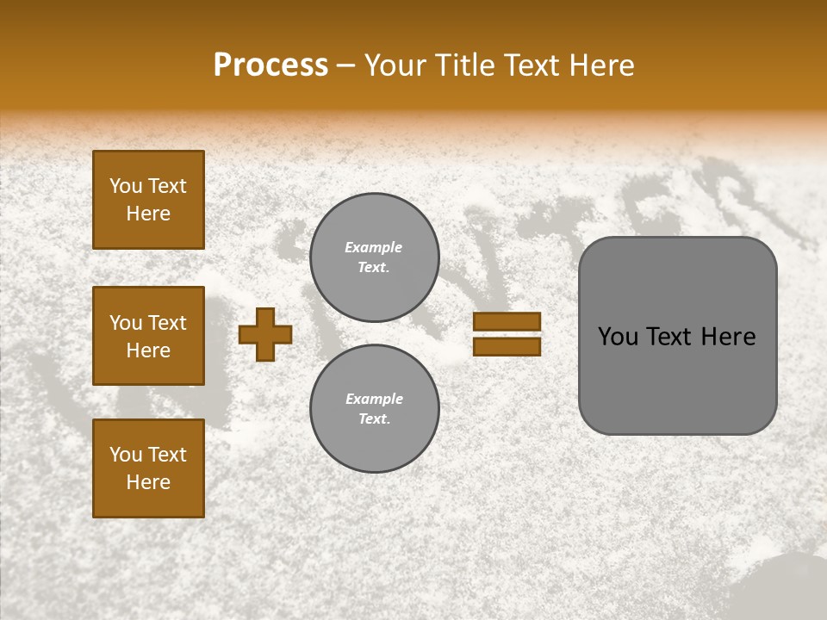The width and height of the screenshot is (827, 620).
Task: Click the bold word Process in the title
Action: [270, 65]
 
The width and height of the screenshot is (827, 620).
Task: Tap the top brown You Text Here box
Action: [148, 200]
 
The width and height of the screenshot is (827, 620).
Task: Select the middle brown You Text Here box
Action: [148, 336]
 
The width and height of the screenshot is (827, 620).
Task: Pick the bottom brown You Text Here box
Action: [148, 468]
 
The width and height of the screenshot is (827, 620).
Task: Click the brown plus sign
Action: [265, 334]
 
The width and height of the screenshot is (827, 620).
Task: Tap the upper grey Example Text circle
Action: [374, 257]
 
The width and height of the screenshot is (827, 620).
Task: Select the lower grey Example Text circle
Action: [374, 408]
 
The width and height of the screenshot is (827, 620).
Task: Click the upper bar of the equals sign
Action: [507, 322]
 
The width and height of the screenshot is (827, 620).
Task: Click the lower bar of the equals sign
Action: [507, 346]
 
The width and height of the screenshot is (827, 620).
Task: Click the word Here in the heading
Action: [601, 65]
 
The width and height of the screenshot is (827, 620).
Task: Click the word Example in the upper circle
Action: [374, 247]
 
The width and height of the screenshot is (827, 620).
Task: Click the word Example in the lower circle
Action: [374, 399]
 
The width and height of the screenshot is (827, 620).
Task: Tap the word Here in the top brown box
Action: [148, 214]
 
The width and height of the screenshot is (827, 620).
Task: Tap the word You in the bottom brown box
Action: [126, 455]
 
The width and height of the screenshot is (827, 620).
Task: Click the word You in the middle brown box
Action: [126, 323]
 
